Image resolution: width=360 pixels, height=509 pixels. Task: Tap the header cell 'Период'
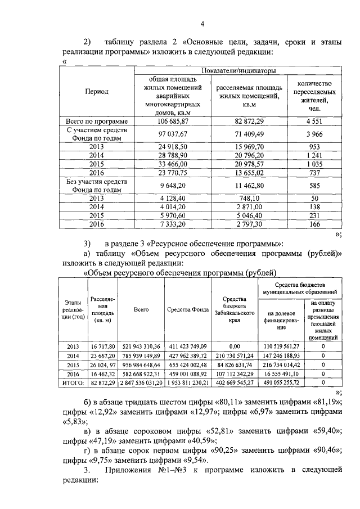pyautogui.click(x=97, y=91)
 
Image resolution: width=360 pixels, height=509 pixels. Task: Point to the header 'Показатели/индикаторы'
pyautogui.click(x=239, y=71)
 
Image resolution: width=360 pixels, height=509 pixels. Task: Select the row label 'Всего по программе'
pyautogui.click(x=97, y=121)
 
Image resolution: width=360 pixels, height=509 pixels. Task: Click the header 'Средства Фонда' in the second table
pyautogui.click(x=188, y=309)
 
